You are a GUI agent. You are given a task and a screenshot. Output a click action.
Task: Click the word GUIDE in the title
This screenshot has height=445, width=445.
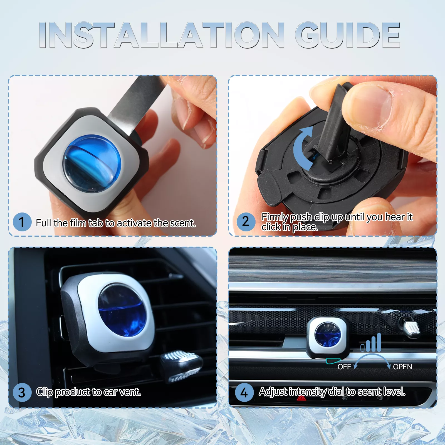click(347, 35)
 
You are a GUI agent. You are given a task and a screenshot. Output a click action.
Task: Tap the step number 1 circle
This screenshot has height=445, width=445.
click(22, 222)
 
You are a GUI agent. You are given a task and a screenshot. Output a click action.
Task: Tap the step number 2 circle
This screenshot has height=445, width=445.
click(246, 222)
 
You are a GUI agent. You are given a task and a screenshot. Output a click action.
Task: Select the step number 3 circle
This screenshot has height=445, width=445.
click(22, 392)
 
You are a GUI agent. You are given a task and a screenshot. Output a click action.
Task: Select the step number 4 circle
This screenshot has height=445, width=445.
click(244, 393)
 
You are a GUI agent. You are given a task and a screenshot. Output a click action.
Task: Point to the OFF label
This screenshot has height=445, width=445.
click(344, 367)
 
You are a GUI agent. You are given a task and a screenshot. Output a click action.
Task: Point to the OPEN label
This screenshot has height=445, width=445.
click(402, 367)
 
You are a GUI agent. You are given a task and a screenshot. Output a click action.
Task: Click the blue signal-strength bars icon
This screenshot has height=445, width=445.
click(371, 343)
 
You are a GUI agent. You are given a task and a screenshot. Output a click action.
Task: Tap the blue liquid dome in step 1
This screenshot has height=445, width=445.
click(92, 164)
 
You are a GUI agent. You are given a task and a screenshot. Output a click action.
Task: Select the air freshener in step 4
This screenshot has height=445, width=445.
click(328, 337)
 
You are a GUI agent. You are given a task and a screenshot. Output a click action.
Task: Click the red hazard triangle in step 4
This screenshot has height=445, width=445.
click(301, 398)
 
